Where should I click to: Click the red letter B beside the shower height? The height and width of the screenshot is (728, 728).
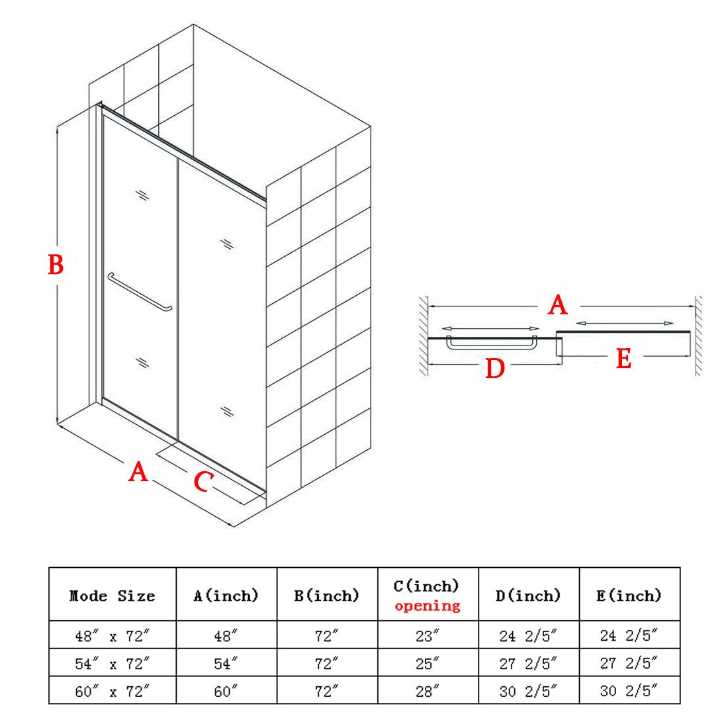(x=56, y=265)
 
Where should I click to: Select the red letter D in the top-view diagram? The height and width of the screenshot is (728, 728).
(x=495, y=369)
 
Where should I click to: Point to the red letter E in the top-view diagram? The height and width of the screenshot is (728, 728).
(x=623, y=359)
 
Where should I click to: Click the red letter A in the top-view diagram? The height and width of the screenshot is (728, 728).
(x=558, y=305)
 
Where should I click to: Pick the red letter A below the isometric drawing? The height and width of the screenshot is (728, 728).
(x=138, y=472)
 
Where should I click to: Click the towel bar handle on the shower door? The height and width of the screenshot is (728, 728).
(x=139, y=292)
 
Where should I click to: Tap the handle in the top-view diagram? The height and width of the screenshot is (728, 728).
(x=491, y=343)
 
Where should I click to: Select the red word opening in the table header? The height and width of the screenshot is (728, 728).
(x=428, y=606)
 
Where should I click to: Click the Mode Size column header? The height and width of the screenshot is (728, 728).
(x=112, y=596)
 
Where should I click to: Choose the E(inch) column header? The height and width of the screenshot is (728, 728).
(x=629, y=595)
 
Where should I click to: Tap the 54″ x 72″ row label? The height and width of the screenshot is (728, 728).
(x=113, y=664)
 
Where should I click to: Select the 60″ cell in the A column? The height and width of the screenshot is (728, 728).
(x=226, y=692)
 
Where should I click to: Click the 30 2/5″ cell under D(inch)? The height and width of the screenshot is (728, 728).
(x=528, y=692)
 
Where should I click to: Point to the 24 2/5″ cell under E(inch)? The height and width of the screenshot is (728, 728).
(x=629, y=635)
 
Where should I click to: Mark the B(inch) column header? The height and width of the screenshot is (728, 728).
(x=327, y=595)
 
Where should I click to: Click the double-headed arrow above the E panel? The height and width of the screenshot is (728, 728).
(x=625, y=323)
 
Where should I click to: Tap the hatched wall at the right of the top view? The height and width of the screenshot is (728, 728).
(x=698, y=336)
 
